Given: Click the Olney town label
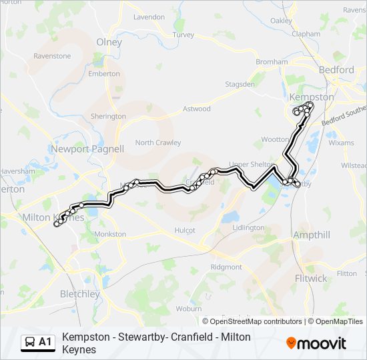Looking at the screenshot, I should tap(109, 41).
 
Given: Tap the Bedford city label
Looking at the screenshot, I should tap(336, 69).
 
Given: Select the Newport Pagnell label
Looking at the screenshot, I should tap(87, 149).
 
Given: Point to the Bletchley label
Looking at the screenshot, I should tap(79, 293).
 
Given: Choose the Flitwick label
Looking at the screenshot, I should tap(310, 277).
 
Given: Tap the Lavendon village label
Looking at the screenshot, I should tap(149, 17).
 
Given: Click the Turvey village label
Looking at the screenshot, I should tap(183, 34).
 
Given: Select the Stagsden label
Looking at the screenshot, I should tap(240, 85).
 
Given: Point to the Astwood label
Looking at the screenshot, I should tap(197, 109).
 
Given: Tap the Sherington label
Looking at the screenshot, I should tap(108, 116).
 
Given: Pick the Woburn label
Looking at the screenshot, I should tap(189, 309).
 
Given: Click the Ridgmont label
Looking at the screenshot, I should tap(226, 267).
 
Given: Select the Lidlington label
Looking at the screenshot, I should tap(248, 227).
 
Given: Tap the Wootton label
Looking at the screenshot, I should tap(275, 139).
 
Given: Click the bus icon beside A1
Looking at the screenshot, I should tap(31, 343).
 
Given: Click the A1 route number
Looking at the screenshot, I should tap(45, 343).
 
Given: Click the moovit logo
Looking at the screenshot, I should tap(316, 343).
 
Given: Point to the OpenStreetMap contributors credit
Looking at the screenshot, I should tap(256, 321).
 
